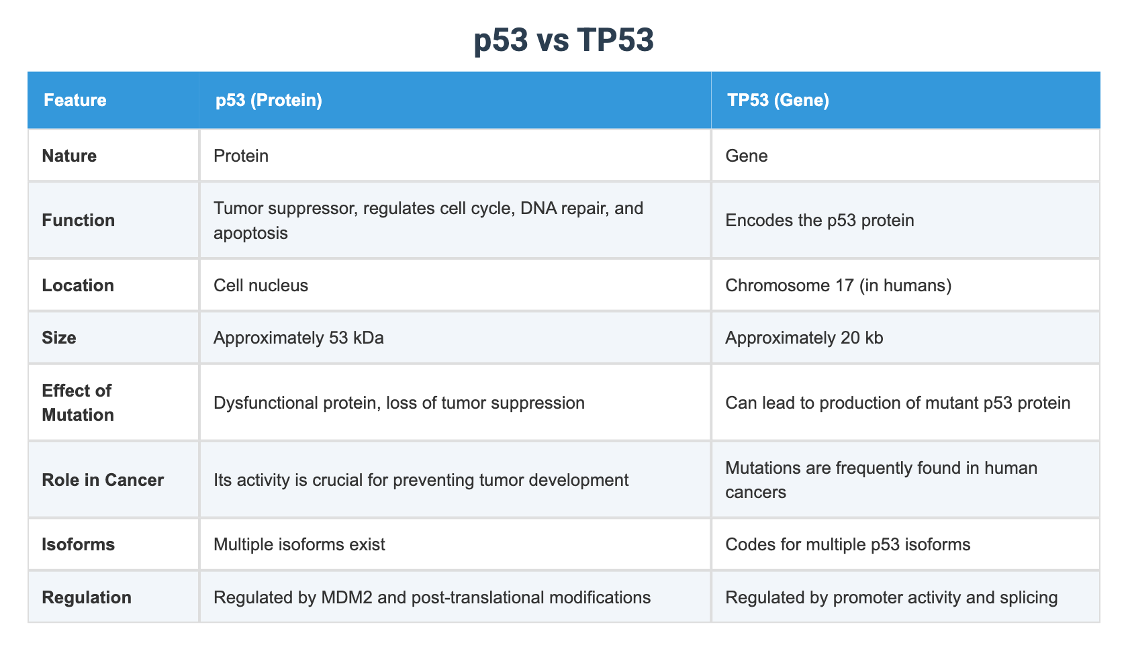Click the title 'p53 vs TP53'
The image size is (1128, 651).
click(x=563, y=40)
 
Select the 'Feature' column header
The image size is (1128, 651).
click(x=75, y=100)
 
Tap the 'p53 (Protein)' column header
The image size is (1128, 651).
click(x=269, y=100)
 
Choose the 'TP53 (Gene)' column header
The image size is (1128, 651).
click(x=778, y=100)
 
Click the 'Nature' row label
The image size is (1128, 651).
click(x=69, y=156)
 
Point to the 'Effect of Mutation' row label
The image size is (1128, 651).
click(x=77, y=403)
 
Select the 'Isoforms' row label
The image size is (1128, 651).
click(x=78, y=544)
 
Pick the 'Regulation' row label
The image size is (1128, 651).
click(x=87, y=597)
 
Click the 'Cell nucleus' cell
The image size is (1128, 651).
click(x=261, y=285)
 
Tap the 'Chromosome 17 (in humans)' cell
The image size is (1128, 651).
click(x=838, y=285)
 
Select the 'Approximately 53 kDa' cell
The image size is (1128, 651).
click(x=298, y=338)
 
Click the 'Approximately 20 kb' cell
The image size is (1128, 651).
click(x=804, y=338)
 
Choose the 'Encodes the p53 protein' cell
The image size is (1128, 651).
click(x=819, y=220)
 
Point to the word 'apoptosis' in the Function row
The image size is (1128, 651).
click(x=250, y=233)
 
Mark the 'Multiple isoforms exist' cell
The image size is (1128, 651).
click(x=299, y=544)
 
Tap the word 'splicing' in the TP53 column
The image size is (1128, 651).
click(x=1028, y=597)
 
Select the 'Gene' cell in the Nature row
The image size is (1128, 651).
click(x=747, y=156)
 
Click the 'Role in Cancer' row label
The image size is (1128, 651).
click(x=103, y=480)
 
